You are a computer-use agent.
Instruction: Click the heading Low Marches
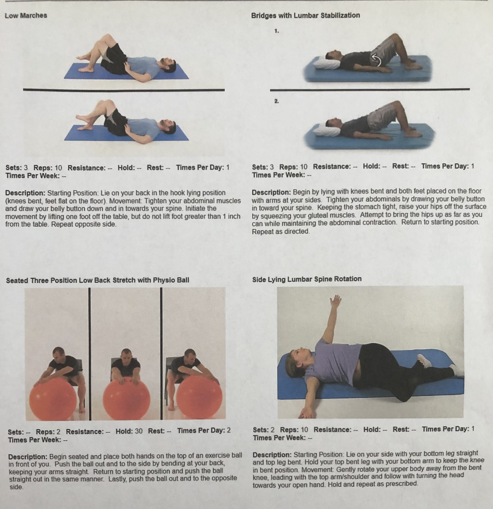pos(26,16)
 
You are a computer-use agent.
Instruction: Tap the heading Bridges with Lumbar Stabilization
pos(305,16)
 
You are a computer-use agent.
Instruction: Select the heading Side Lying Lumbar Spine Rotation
pos(307,279)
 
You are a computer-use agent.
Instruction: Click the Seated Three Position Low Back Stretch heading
pos(98,280)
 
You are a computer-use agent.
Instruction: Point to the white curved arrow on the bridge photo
pos(376,60)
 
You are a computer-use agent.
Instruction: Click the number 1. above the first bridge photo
pos(277,31)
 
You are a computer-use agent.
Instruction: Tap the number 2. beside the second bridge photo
pos(277,101)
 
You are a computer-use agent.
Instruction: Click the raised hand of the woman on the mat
pos(336,301)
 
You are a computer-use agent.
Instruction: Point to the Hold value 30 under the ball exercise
pos(139,431)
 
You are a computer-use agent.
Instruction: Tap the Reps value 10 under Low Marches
pos(59,168)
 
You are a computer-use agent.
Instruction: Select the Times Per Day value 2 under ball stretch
pos(229,430)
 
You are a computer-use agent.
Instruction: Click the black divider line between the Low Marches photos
pos(124,90)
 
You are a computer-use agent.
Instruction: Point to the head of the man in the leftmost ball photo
pos(59,354)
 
